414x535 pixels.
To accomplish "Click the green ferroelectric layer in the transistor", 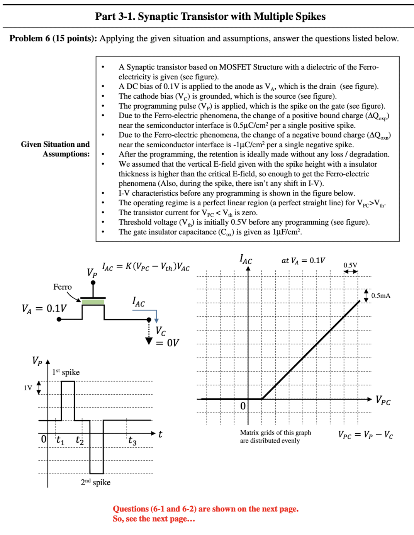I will tap(93, 302).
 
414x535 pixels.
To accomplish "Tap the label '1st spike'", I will tap(66, 372).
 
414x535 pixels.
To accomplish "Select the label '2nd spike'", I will tap(95, 482).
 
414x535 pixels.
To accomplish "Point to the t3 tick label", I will tap(132, 441).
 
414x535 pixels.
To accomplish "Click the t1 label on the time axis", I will tap(61, 440).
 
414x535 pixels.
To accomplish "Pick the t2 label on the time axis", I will tap(80, 440).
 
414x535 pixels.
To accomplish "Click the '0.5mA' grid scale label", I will tap(381, 296).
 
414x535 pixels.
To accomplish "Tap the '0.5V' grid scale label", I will tap(350, 265).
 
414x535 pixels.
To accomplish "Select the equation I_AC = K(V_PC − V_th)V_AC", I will tap(146, 267).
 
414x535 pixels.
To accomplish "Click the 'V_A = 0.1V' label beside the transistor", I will tap(44, 308).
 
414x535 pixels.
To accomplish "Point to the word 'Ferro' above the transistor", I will tap(63, 287).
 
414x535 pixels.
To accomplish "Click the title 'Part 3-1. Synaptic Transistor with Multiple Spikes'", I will tap(210, 16).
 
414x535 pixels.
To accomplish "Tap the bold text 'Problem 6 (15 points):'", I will tap(53, 38).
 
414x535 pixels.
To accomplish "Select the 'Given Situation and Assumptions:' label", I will tap(55, 149).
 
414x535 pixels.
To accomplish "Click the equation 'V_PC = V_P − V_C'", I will tap(365, 435).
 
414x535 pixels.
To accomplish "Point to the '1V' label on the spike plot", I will tap(28, 388).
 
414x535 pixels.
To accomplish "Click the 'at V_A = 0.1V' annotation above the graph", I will tap(303, 261).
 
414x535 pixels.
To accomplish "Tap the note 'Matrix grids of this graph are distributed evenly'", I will tap(275, 436).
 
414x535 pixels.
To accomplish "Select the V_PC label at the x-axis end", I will tap(383, 400).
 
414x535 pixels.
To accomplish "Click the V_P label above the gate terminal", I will tap(92, 273).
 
